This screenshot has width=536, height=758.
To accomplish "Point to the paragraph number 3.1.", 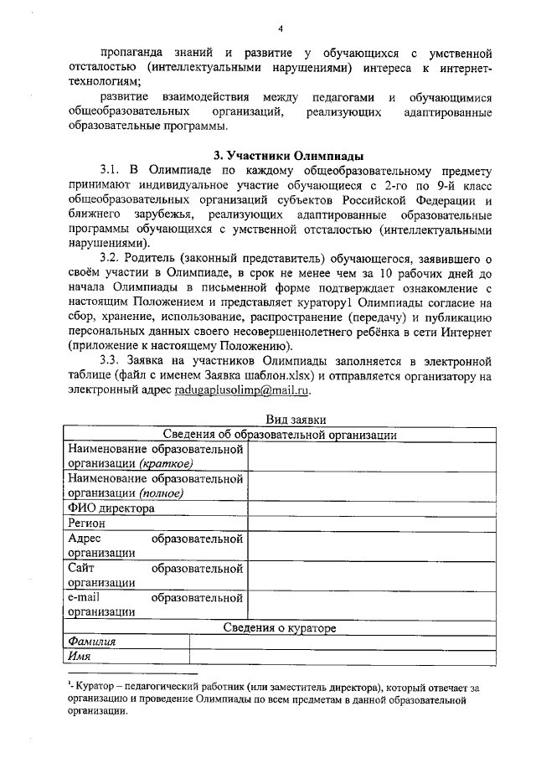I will point(113,169).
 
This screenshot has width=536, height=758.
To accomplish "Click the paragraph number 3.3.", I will point(113,360).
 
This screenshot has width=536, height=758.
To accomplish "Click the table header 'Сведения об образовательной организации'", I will point(280,434).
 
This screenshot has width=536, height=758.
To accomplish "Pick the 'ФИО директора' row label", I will point(111,508).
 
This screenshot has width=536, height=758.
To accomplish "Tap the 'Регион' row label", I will point(87,523).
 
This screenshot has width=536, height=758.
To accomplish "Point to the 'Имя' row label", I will point(80,657).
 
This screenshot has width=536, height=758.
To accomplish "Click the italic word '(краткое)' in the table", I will point(167,464).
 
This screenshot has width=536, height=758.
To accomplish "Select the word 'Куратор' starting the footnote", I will point(95,687).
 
